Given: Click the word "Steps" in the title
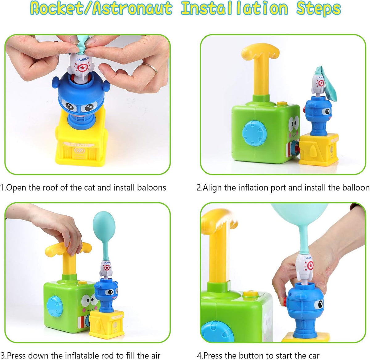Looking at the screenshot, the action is (319, 9).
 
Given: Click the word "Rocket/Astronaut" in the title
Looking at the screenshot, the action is (101, 9).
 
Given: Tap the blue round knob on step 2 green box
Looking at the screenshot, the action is (254, 133).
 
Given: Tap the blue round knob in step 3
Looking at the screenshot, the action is (55, 306).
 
